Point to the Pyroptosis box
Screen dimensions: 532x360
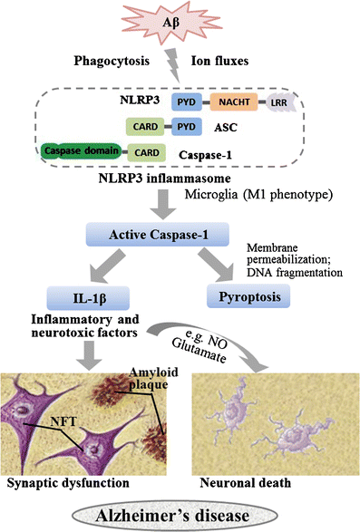pos(251,295)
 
